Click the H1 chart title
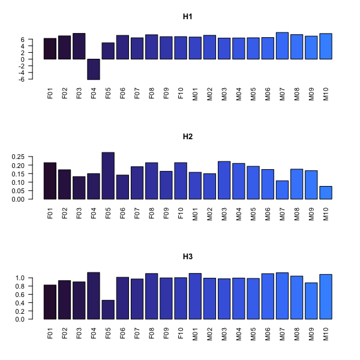click(x=187, y=16)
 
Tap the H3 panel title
click(x=187, y=256)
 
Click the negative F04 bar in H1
click(x=94, y=69)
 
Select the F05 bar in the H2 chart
click(x=108, y=176)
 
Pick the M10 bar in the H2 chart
click(x=326, y=193)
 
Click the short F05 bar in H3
click(x=108, y=310)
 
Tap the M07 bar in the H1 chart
click(x=283, y=46)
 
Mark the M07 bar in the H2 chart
click(x=283, y=190)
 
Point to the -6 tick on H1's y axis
click(x=38, y=79)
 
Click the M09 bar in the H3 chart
click(x=311, y=301)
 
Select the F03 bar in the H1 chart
click(x=79, y=46)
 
